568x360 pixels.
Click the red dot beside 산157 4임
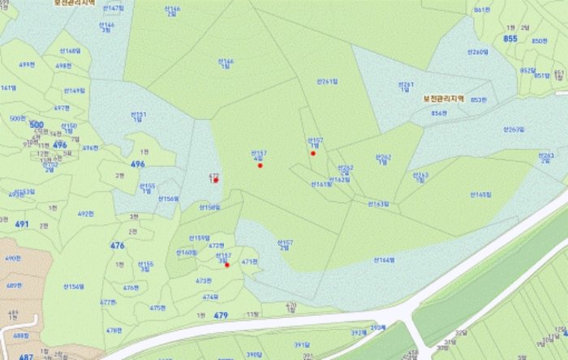tap(260, 165)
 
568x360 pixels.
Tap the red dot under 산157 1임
tap(312, 153)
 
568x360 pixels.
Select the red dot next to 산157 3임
tap(227, 265)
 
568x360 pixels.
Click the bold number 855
tap(510, 39)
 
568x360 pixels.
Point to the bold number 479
tap(221, 315)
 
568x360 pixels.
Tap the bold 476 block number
tap(118, 245)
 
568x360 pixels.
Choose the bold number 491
tap(22, 224)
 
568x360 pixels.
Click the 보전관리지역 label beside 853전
tap(443, 98)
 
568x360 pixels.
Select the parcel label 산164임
tap(383, 260)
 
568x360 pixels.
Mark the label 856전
tap(439, 113)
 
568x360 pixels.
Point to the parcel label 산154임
tap(74, 286)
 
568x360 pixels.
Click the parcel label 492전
tap(86, 214)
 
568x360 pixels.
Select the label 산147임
tap(114, 7)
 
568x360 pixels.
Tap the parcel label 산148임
tap(70, 50)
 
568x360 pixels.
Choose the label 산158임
tap(209, 207)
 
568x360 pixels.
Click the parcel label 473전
tap(203, 281)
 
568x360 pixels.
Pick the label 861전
tap(482, 10)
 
